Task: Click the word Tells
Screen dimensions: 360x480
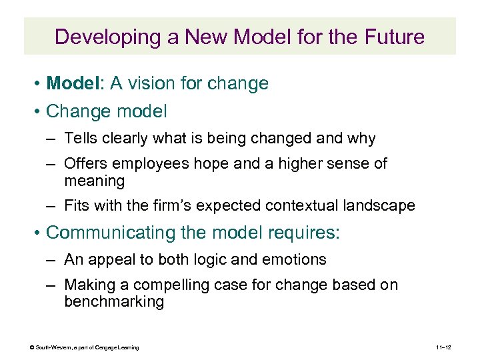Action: point(81,139)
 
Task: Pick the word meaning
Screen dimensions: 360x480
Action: point(95,181)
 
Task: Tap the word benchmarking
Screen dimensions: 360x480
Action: point(114,302)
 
